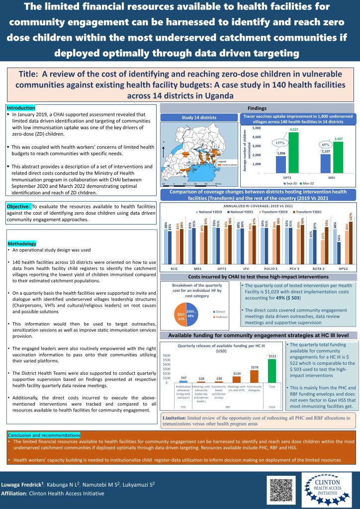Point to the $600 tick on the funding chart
167,355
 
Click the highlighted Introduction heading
21,108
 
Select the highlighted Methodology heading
22,244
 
